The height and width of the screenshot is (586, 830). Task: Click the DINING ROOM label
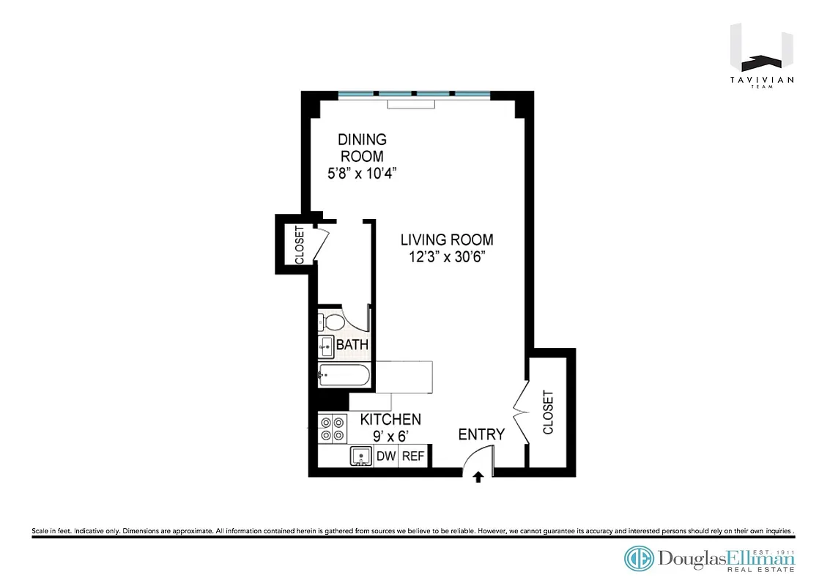coord(361,147)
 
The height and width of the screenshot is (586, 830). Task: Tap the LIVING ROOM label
coord(446,240)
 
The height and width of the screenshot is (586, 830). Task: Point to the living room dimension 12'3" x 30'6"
coord(446,257)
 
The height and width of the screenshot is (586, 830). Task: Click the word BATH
coord(352,345)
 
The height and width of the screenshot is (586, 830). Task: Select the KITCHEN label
coord(390,420)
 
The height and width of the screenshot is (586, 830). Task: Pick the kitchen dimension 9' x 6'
coord(390,437)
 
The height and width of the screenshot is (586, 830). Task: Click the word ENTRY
coord(481,434)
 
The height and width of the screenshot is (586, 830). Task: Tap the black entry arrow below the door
coord(478,478)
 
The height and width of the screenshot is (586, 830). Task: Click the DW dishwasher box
coord(386,456)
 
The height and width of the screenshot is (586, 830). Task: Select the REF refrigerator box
coord(413,456)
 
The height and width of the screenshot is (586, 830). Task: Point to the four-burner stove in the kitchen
coord(333,429)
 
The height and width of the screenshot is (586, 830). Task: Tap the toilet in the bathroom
coord(333,322)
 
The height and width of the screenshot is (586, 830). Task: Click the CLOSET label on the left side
coord(299,245)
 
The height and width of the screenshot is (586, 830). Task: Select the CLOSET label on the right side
coord(549,412)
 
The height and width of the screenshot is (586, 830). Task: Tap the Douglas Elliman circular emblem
coord(639,559)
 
